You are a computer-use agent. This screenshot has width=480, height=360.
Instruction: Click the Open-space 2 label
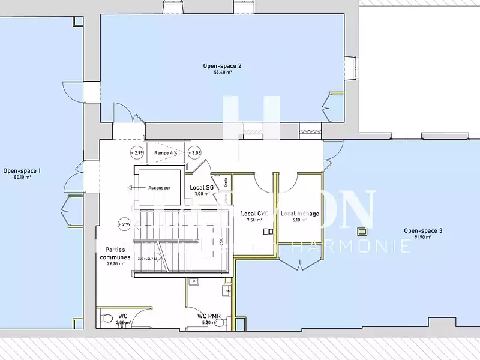tap(222, 66)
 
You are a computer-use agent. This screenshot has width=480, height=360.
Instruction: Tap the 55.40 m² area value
tap(222, 73)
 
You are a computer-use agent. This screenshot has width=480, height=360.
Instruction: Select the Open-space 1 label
tap(22, 171)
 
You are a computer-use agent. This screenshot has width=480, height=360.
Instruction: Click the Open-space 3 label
tap(422, 230)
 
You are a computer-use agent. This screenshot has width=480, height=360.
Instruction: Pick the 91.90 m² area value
tap(422, 237)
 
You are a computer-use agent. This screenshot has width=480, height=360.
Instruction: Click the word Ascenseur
tap(160, 188)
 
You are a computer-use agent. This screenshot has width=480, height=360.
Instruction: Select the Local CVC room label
tap(254, 214)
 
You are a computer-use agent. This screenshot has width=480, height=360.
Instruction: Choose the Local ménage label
tap(299, 214)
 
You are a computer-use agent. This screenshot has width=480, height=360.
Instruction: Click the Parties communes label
tap(115, 253)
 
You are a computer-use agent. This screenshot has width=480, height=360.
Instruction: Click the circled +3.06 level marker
tap(195, 153)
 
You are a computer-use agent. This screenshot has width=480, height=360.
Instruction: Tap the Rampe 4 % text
tap(165, 153)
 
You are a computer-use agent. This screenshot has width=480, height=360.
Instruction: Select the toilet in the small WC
tap(107, 319)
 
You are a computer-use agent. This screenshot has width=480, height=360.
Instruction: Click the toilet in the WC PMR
tap(219, 322)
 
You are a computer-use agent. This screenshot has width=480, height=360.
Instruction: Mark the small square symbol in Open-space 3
tap(362, 231)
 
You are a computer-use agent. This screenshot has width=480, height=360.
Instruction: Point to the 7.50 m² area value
tap(254, 220)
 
